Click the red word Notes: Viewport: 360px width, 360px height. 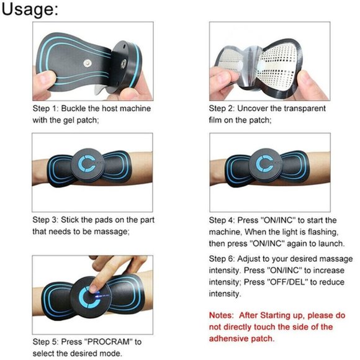click(223, 315)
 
